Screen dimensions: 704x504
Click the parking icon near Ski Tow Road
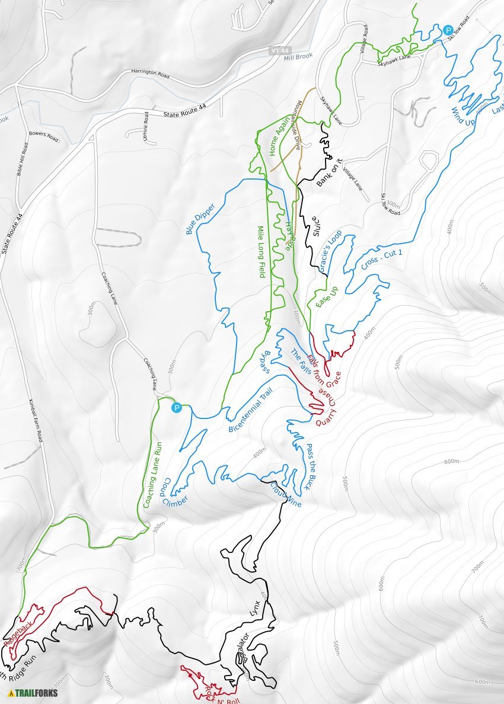tap(448, 30)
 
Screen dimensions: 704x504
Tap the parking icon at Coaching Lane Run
tap(176, 408)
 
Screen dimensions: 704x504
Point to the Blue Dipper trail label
tap(200, 218)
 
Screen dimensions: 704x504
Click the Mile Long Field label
tap(260, 252)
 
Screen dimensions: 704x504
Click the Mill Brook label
tap(298, 57)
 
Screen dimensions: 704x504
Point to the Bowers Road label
tap(44, 136)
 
